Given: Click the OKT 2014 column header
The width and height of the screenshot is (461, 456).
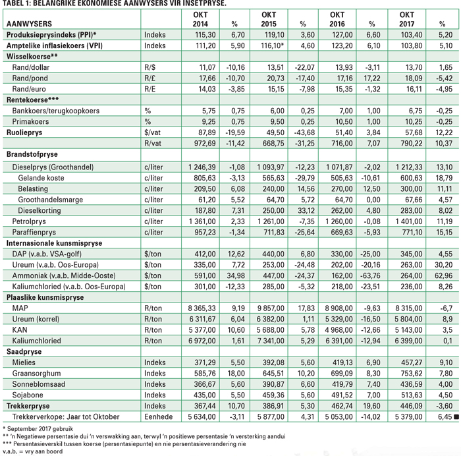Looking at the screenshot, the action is (x=200, y=19).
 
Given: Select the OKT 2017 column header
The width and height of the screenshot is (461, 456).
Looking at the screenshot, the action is (x=406, y=19).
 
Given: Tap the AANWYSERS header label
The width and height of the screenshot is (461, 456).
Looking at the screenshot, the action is (x=29, y=24).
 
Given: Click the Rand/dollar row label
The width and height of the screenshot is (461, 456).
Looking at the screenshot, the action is (x=30, y=67).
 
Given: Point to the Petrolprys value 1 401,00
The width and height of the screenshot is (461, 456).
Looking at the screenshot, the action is (x=409, y=221).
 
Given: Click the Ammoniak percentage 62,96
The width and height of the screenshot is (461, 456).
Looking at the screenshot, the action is (x=444, y=275).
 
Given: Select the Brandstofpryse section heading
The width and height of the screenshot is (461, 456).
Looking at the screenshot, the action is (x=32, y=154).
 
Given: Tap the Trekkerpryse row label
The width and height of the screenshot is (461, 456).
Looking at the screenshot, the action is (x=28, y=406).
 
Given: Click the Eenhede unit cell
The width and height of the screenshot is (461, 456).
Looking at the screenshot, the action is (x=158, y=417).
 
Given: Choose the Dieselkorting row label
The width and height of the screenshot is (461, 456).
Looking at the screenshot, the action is (x=40, y=210).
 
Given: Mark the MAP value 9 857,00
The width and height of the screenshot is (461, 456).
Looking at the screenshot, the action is (x=271, y=308).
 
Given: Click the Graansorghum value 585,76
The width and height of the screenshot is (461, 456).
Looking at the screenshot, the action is (x=205, y=374).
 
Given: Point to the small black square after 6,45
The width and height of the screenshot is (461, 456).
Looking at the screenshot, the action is (x=456, y=417).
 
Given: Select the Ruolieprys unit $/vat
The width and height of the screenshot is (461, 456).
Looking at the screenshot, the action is (x=152, y=132).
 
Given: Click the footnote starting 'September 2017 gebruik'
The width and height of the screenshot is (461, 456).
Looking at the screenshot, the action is (x=38, y=428).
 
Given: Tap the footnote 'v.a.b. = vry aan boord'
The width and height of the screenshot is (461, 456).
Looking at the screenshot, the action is (x=33, y=451).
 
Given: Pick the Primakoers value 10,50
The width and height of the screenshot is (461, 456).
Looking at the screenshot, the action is (x=342, y=121).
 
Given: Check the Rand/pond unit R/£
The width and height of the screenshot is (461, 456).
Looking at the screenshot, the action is (x=149, y=78).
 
